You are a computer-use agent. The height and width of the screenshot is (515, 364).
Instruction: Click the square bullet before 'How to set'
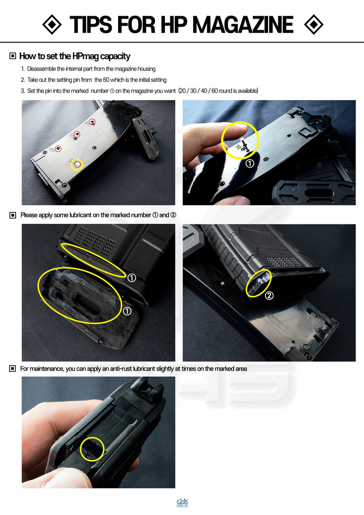(13, 56)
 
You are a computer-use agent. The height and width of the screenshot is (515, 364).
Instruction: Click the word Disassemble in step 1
(42, 69)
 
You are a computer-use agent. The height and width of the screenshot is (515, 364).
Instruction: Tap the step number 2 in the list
(23, 80)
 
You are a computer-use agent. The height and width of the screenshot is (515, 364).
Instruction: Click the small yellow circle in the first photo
(76, 164)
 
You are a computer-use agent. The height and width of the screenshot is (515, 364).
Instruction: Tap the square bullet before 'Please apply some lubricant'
(13, 215)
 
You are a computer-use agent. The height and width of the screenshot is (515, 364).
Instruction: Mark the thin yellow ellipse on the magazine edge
(94, 258)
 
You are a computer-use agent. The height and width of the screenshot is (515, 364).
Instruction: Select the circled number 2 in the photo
(269, 296)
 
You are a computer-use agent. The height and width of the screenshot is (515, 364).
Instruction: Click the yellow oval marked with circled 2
(259, 283)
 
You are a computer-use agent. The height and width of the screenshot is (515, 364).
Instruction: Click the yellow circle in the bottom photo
(92, 449)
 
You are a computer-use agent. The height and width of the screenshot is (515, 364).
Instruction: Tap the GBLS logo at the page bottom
(182, 502)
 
